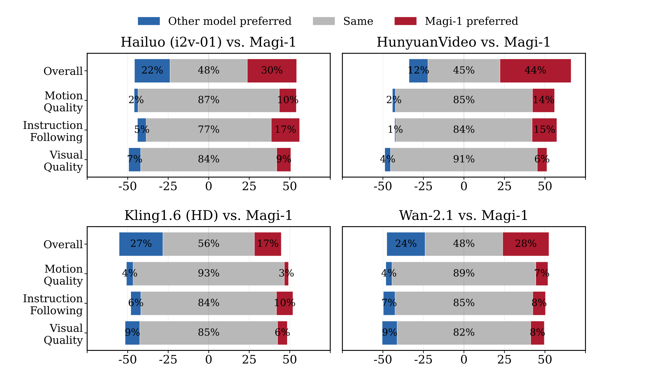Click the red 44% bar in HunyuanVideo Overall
tap(535, 71)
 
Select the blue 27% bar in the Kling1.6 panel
tap(141, 244)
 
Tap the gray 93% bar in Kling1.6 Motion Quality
tap(209, 273)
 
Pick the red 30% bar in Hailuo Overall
tap(272, 71)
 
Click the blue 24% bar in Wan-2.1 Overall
tap(406, 244)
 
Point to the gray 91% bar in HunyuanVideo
tap(464, 160)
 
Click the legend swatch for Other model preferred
tap(149, 21)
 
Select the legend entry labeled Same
tap(358, 21)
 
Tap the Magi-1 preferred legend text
tap(471, 21)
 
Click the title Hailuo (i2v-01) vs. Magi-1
tap(208, 42)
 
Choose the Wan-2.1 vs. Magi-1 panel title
tap(463, 215)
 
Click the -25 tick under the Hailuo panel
tap(168, 186)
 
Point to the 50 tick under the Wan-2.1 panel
tap(545, 360)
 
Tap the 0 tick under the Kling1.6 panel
tap(209, 360)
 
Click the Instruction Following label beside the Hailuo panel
tap(53, 131)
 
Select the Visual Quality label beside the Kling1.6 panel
tap(63, 334)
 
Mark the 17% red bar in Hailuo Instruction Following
tap(285, 130)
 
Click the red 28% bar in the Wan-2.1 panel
tap(526, 244)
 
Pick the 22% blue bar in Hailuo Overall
tap(152, 71)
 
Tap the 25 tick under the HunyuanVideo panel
tap(504, 186)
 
